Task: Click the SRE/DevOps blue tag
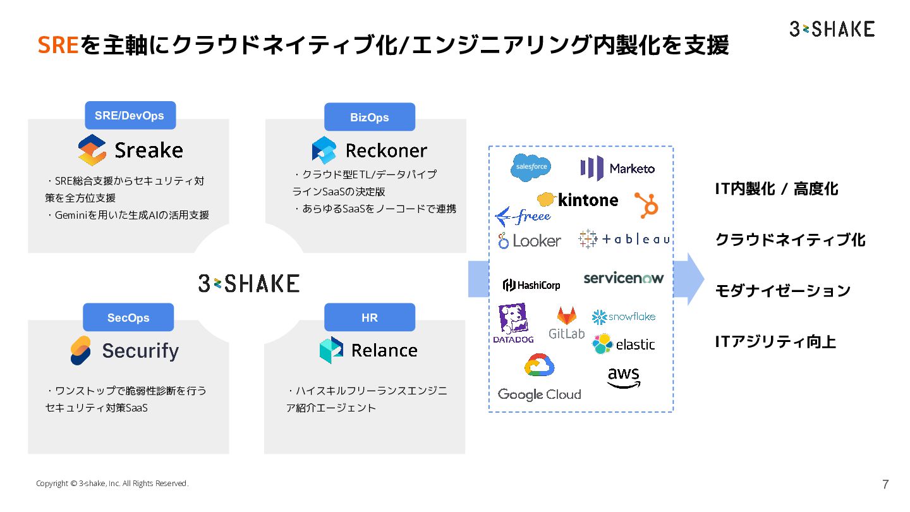coord(130,116)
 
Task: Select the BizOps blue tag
coord(369,118)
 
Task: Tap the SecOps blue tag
coord(128,318)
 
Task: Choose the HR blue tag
coord(369,318)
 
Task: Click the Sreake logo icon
coord(92,150)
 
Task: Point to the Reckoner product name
coord(386,150)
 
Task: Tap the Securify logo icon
coord(80,350)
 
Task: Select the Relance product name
coord(384,350)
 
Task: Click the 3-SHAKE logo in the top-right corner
coord(832,28)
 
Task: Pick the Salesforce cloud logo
coord(531,168)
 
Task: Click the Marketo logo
coord(617,168)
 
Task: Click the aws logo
coord(623,377)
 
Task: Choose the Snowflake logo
coord(624,317)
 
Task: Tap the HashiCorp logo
coord(531,285)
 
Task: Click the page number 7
coord(885,485)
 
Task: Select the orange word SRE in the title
coord(58,45)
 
